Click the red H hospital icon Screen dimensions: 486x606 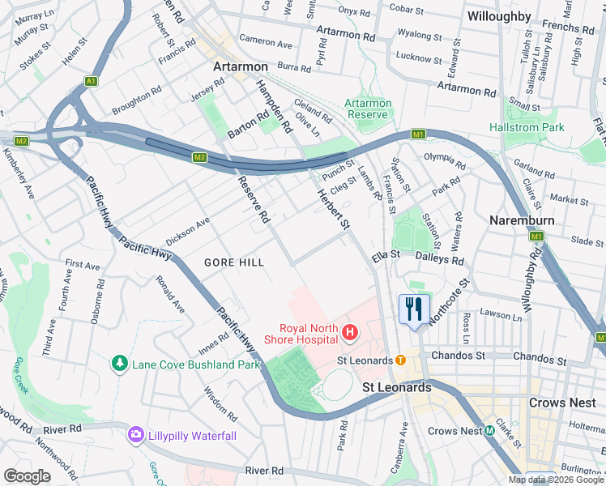[x=350, y=331]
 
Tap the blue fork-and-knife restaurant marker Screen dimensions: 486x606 [x=413, y=309]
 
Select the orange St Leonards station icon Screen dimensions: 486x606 [x=400, y=359]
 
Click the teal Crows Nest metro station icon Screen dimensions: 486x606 [x=490, y=431]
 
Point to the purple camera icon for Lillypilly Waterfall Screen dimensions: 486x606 [x=135, y=436]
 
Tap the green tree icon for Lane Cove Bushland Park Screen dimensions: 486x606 [x=121, y=364]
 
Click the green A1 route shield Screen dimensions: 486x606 [x=92, y=81]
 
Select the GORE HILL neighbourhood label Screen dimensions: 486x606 [x=230, y=262]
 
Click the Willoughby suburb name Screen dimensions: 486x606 [x=499, y=16]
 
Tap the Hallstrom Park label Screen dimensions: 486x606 [x=527, y=127]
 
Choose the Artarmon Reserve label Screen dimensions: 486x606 [x=369, y=109]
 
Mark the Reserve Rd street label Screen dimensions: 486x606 [x=253, y=200]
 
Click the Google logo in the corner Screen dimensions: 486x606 [x=27, y=475]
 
